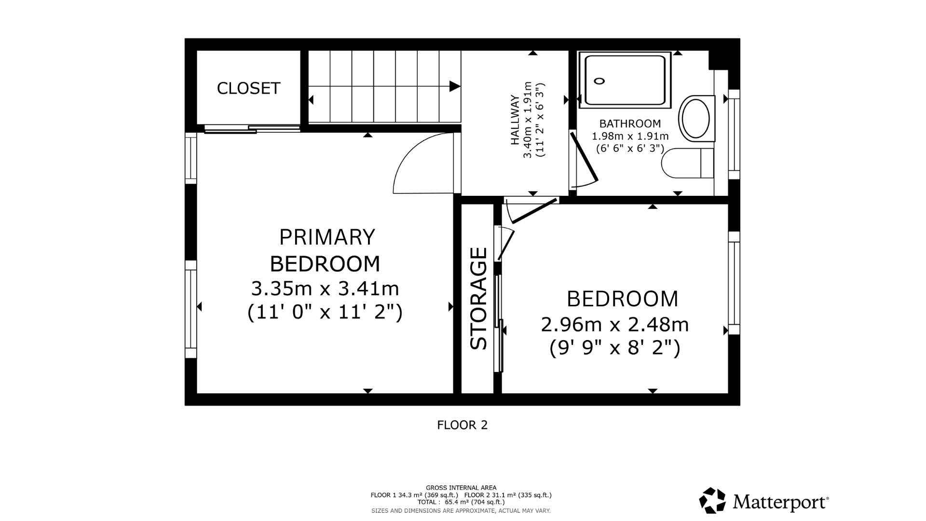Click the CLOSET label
pyautogui.click(x=248, y=88)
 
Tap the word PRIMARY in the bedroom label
pyautogui.click(x=327, y=237)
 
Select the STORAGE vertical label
pyautogui.click(x=478, y=298)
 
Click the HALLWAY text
pyautogui.click(x=515, y=120)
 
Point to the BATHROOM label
pyautogui.click(x=630, y=123)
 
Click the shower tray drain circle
pyautogui.click(x=599, y=81)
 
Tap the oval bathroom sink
pyautogui.click(x=694, y=118)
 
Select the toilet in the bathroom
pyautogui.click(x=687, y=163)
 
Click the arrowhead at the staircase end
pyautogui.click(x=455, y=86)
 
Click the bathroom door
pyautogui.click(x=584, y=157)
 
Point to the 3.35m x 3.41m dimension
pyautogui.click(x=325, y=289)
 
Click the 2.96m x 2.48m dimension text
pyautogui.click(x=615, y=325)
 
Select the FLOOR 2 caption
pyautogui.click(x=463, y=425)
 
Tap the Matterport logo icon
pyautogui.click(x=712, y=501)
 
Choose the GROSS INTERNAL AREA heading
pyautogui.click(x=461, y=488)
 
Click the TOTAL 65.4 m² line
pyautogui.click(x=461, y=502)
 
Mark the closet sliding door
pyautogui.click(x=252, y=128)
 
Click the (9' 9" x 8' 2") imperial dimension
pyautogui.click(x=615, y=348)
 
